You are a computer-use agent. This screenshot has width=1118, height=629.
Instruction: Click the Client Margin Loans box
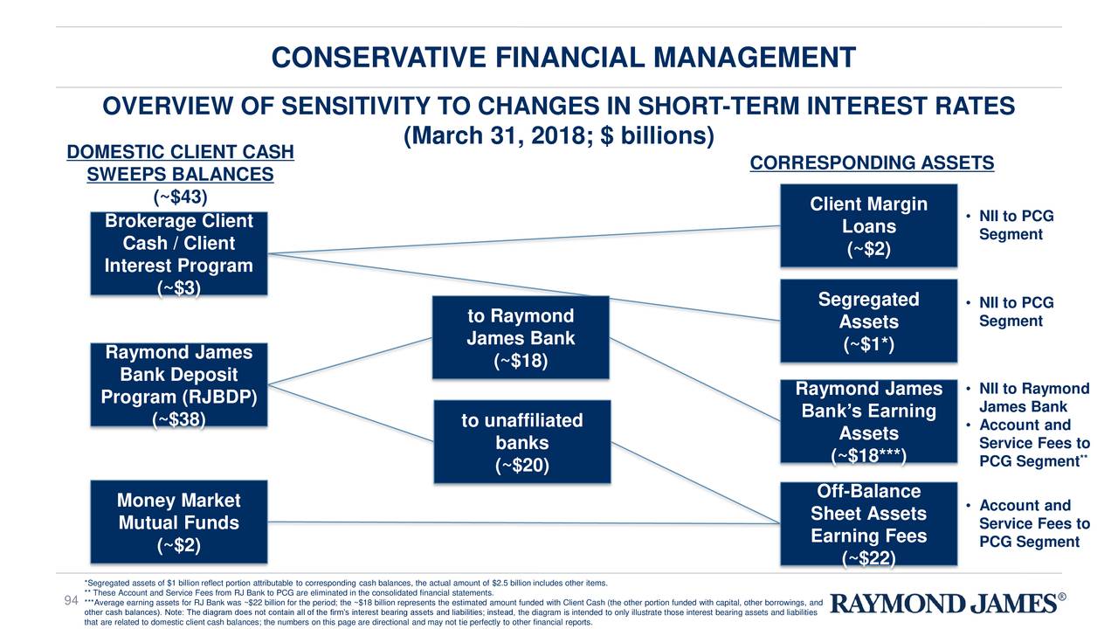point(868,225)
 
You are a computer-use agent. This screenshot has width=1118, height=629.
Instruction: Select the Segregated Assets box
point(868,321)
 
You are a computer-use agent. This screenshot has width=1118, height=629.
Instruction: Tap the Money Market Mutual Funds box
point(178,522)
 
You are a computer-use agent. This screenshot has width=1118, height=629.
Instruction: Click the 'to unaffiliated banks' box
point(521,442)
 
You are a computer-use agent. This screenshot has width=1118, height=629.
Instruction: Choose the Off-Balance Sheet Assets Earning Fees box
point(868,524)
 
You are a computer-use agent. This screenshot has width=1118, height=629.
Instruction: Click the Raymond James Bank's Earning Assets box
point(868,422)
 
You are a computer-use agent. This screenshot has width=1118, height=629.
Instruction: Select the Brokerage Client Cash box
point(178,253)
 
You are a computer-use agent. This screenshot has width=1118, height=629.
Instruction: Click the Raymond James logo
point(948,604)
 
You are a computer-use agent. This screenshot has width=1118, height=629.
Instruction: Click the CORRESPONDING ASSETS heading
point(871,163)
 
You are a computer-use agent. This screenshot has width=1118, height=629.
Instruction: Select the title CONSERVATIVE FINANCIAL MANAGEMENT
point(563,58)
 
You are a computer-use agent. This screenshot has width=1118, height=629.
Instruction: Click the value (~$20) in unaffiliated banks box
point(521,467)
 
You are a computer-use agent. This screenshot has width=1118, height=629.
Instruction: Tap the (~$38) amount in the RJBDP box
point(178,420)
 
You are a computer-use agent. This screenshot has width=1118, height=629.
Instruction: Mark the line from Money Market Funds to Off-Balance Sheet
point(524,522)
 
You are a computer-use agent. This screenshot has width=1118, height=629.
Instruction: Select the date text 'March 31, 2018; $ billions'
point(559,136)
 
